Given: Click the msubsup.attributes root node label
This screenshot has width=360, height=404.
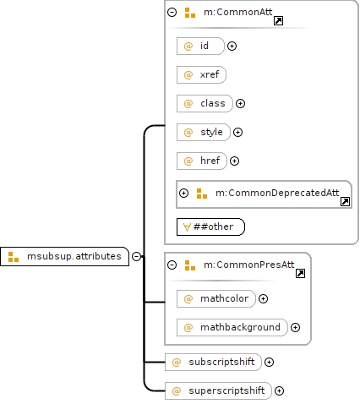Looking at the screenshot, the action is pyautogui.click(x=74, y=256).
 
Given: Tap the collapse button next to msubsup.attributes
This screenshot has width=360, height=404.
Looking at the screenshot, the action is pyautogui.click(x=137, y=256).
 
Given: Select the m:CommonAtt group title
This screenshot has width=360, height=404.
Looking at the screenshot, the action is pyautogui.click(x=238, y=12).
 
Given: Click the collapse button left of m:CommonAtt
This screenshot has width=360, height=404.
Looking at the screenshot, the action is pyautogui.click(x=172, y=12).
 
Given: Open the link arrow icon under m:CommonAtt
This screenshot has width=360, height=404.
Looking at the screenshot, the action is pyautogui.click(x=278, y=20).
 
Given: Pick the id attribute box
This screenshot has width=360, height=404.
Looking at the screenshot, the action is pyautogui.click(x=200, y=46).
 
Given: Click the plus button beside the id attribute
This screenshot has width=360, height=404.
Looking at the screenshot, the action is pyautogui.click(x=232, y=46).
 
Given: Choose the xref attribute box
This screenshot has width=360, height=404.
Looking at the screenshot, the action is pyautogui.click(x=201, y=74).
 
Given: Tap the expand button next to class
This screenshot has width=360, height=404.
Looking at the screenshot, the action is pyautogui.click(x=240, y=103).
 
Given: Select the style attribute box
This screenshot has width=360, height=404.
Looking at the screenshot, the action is pyautogui.click(x=204, y=132).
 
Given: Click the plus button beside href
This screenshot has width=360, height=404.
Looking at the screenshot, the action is pyautogui.click(x=234, y=161).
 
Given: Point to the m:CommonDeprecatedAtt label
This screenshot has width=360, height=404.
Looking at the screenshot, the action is pyautogui.click(x=277, y=193).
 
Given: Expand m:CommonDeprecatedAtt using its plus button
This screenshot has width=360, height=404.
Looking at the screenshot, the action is pyautogui.click(x=183, y=193).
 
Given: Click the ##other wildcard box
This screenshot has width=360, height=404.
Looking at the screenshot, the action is pyautogui.click(x=210, y=227).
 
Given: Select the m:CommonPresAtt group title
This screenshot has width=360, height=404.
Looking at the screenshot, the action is pyautogui.click(x=249, y=265).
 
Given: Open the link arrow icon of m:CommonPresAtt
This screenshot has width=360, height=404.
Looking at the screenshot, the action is pyautogui.click(x=300, y=273).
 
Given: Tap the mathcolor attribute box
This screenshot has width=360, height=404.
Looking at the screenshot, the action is pyautogui.click(x=216, y=298).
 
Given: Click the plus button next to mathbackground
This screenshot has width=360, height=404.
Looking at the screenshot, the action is pyautogui.click(x=295, y=327).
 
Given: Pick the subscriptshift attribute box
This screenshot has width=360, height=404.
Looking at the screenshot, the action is pyautogui.click(x=213, y=362).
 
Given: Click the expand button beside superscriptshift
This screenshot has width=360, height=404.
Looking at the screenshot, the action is pyautogui.click(x=279, y=390).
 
